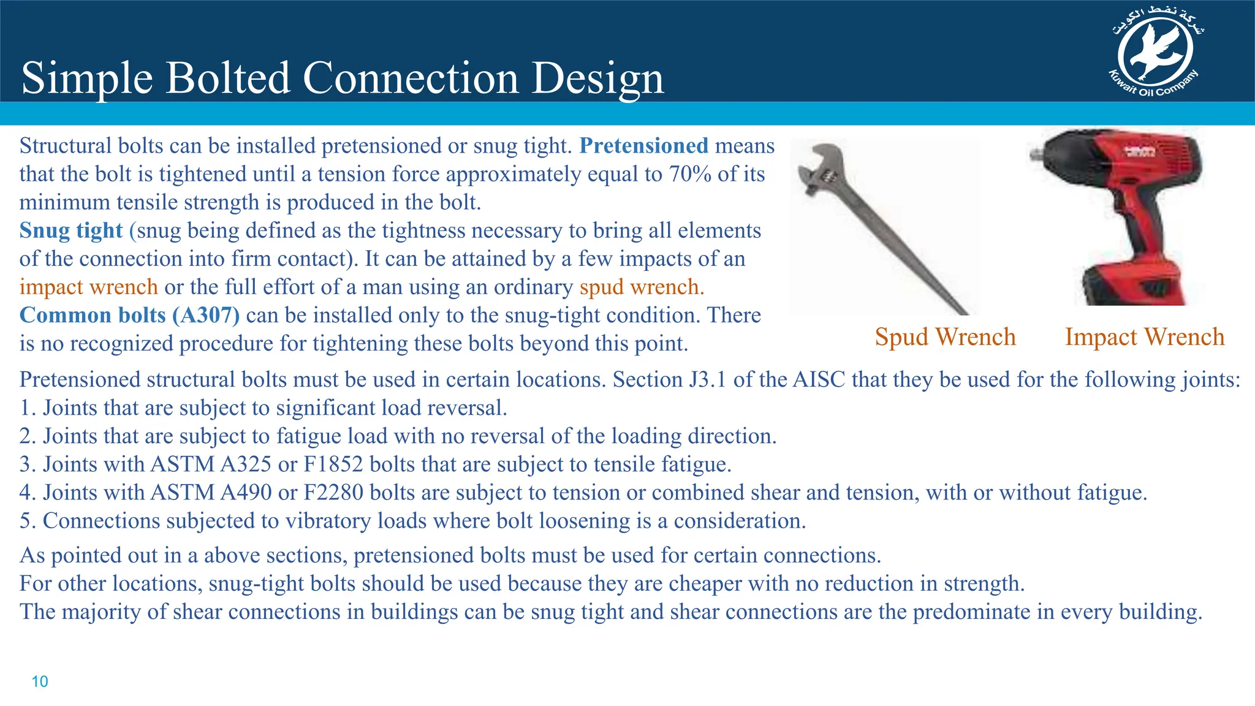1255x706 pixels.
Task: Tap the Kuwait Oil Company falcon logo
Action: [x=1155, y=53]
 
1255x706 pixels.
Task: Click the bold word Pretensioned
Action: [x=643, y=146]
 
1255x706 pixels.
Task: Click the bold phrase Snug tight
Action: [x=71, y=230]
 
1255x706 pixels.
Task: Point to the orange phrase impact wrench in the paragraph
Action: [x=88, y=287]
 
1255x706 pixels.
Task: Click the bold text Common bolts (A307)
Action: [x=129, y=315]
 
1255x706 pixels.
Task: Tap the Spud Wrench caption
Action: [x=945, y=337]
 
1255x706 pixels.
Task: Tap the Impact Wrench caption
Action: [x=1144, y=337]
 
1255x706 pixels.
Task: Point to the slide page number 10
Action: [x=39, y=681]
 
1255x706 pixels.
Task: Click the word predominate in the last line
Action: [x=971, y=612]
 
